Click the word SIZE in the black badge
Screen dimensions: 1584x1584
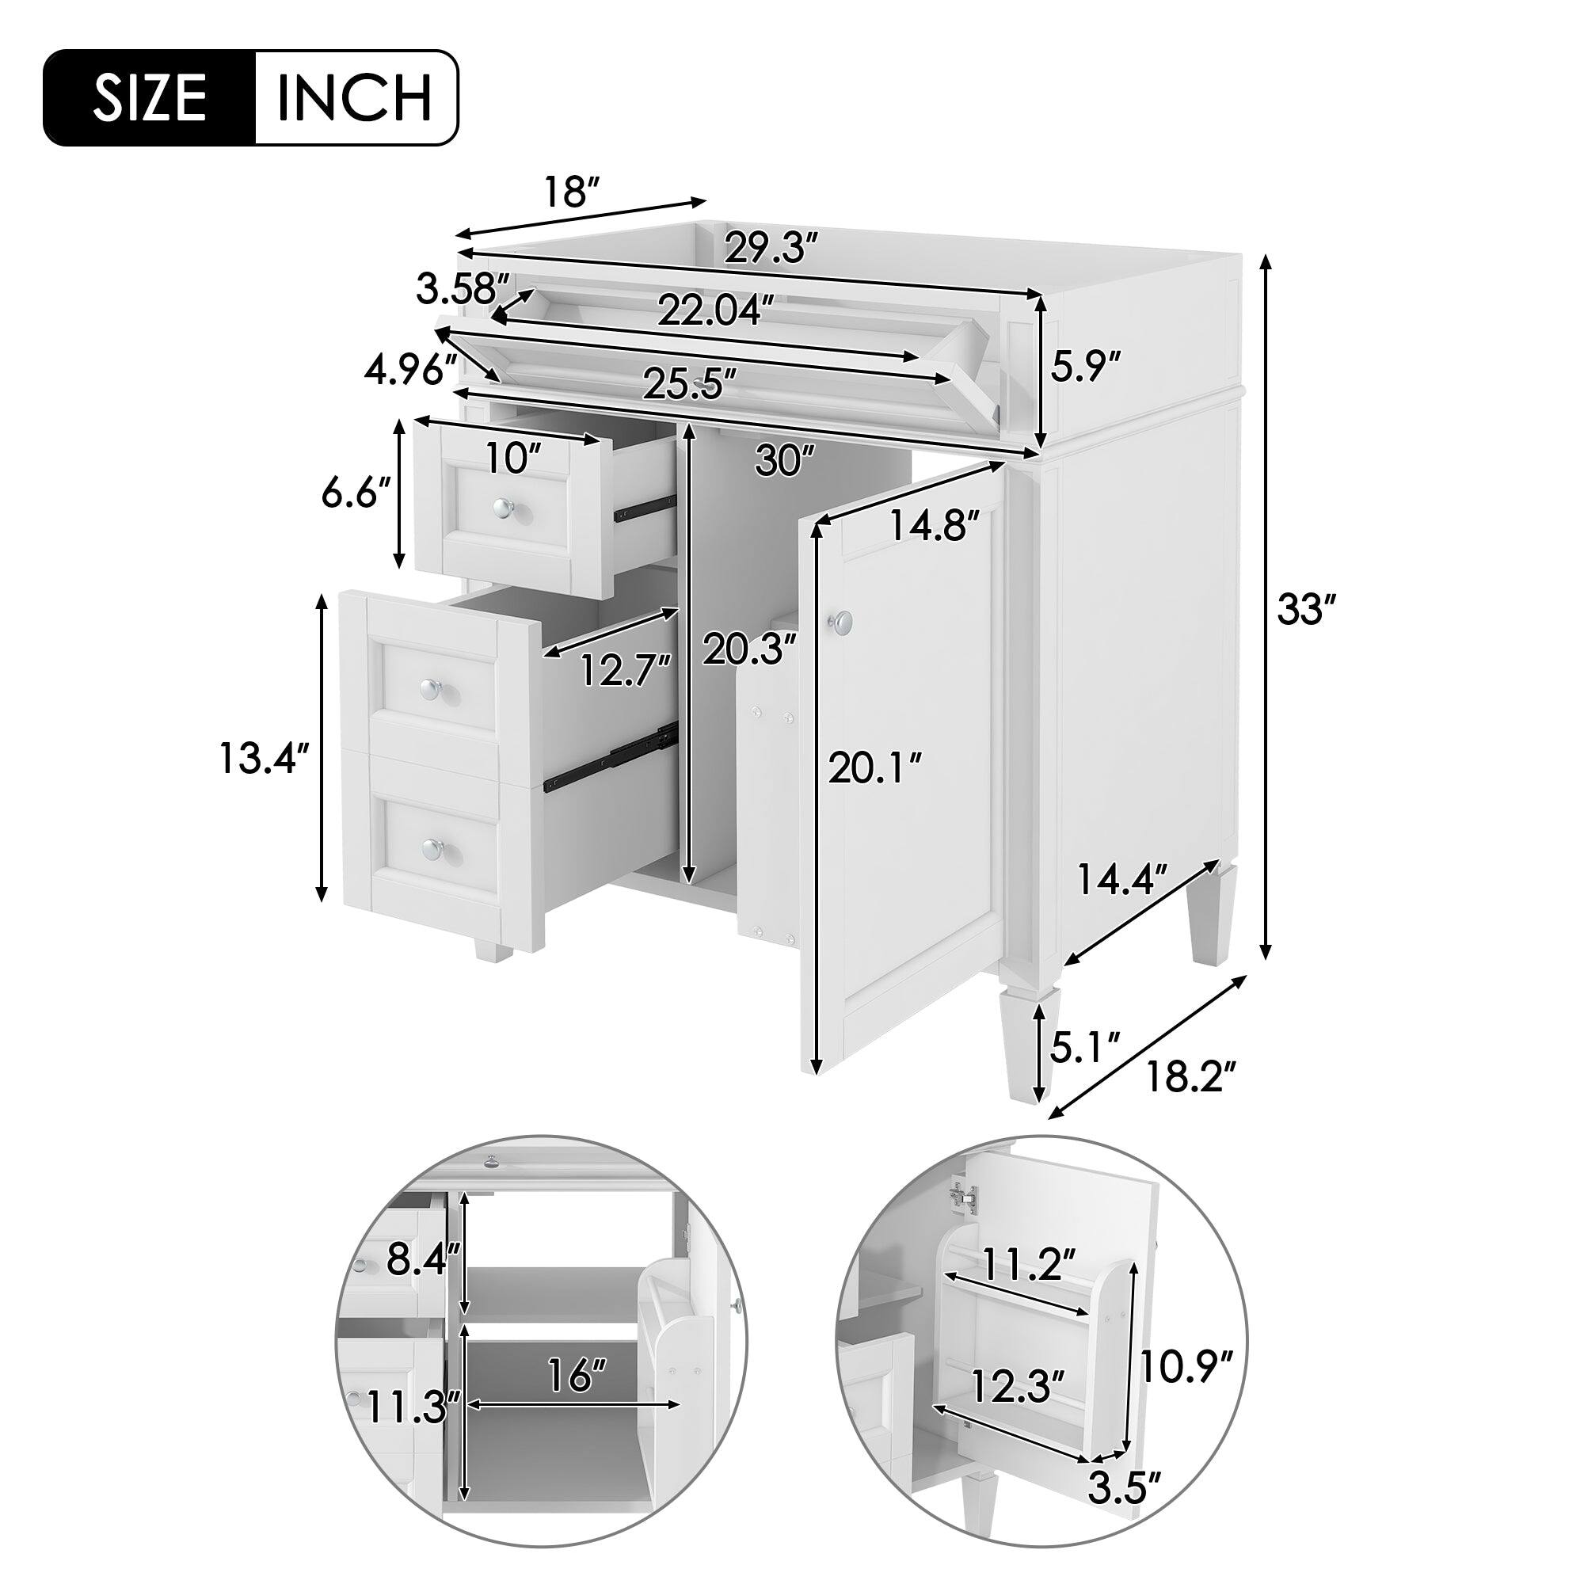(149, 98)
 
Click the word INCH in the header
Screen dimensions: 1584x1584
(354, 98)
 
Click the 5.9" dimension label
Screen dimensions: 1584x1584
(1085, 366)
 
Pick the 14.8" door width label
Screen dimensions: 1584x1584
(934, 526)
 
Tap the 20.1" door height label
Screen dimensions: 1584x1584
(875, 768)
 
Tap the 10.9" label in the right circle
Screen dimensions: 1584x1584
(1186, 1368)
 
